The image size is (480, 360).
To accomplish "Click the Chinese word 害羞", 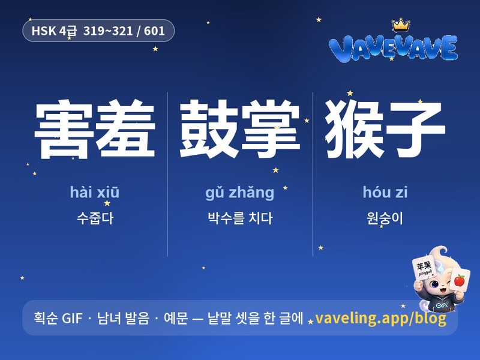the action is tap(95, 129).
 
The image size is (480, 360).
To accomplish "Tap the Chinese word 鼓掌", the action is tap(239, 129).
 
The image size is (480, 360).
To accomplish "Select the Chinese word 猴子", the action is tap(385, 129).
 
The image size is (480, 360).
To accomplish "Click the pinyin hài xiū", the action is tap(95, 192).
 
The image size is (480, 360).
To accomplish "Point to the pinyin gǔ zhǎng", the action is tap(239, 193).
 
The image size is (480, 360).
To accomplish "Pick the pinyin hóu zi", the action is tap(385, 192).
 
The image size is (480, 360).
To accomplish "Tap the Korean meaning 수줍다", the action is tap(95, 218).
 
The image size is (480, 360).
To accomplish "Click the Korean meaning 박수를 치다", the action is tap(240, 218).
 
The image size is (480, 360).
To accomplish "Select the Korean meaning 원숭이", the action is tap(385, 218).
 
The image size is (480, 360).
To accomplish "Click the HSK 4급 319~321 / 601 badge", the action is tap(98, 31).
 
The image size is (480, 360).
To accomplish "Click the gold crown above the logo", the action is tap(401, 25).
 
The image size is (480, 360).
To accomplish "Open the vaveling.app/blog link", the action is tap(380, 319).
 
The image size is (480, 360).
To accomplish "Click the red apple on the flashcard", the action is tap(460, 280).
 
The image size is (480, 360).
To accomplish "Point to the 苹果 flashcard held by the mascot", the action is tap(424, 268).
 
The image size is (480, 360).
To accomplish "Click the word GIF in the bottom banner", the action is tap(72, 319).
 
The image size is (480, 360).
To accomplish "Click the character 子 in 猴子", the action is tap(415, 129).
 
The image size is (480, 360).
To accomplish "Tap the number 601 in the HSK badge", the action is tap(154, 31).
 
